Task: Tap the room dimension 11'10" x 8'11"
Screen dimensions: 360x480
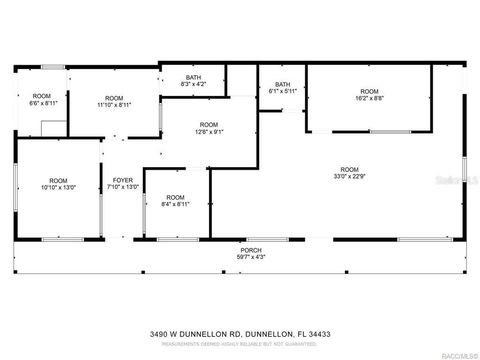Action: [115, 104]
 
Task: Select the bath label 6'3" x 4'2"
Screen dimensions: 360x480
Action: [195, 84]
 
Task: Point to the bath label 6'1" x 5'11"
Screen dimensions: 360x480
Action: [283, 91]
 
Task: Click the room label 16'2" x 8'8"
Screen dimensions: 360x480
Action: [370, 98]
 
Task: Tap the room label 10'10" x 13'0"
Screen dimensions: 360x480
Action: [59, 187]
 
